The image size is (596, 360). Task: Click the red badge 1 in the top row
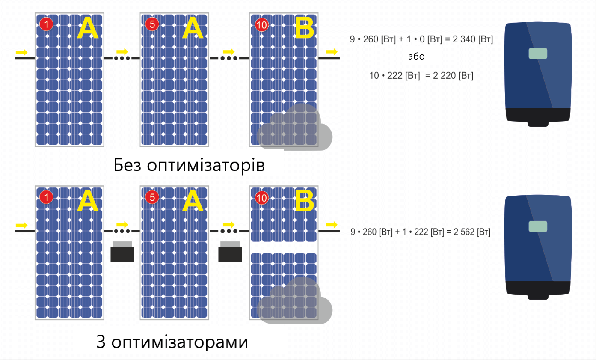click(46, 24)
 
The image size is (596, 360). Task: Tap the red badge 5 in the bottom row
click(152, 197)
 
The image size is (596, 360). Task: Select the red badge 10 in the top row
click(262, 25)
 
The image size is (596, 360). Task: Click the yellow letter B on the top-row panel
click(304, 28)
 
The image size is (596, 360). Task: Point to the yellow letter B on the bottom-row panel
click(304, 201)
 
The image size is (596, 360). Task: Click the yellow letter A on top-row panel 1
click(88, 28)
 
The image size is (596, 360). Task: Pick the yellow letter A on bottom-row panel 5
click(193, 201)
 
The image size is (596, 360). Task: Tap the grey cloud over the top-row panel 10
click(294, 127)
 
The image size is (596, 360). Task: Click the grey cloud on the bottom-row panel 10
click(294, 300)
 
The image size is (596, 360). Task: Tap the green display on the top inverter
click(538, 53)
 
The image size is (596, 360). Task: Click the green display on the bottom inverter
click(538, 226)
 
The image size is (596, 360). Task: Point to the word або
click(416, 57)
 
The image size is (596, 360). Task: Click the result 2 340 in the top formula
click(464, 39)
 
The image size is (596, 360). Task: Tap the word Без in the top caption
click(127, 165)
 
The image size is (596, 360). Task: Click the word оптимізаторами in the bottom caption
click(180, 342)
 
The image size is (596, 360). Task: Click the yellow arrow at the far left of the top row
click(21, 52)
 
